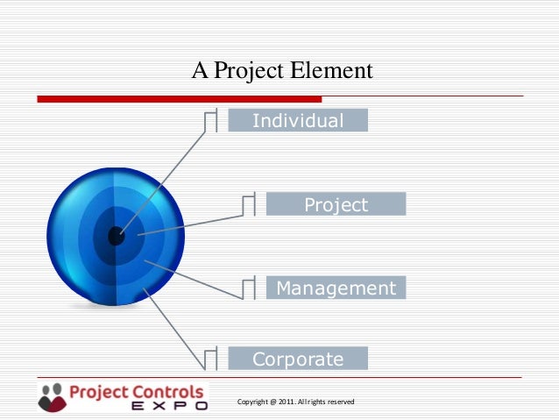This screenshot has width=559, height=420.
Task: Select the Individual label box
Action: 298,120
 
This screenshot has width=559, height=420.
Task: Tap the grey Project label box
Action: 336,205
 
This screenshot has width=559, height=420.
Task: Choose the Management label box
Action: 336,288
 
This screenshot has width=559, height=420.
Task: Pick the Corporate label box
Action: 298,359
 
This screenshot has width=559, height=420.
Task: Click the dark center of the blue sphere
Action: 116,235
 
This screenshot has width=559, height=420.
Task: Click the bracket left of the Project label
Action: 249,204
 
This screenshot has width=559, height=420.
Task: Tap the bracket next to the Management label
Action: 249,288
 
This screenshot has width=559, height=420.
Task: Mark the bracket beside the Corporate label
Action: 210,358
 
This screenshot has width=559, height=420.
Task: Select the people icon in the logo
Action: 53,395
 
